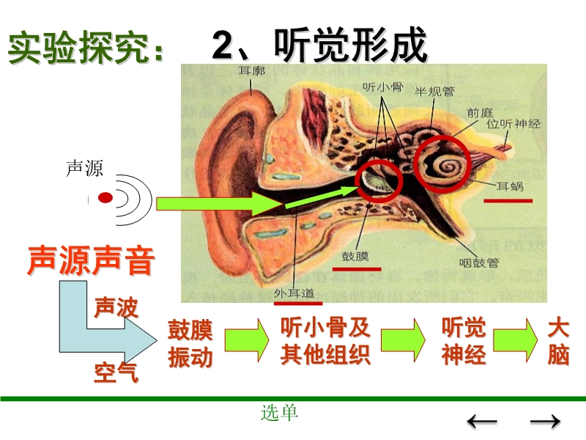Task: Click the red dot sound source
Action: click(x=105, y=197)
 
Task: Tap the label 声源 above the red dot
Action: click(x=84, y=169)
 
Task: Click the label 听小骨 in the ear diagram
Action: click(x=382, y=86)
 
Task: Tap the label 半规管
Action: click(x=434, y=92)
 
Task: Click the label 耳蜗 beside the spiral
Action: click(x=510, y=186)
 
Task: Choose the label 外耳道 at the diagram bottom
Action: click(x=297, y=292)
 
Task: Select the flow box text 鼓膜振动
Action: click(x=190, y=343)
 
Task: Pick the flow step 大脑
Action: click(x=558, y=341)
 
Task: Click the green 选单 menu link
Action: click(x=280, y=413)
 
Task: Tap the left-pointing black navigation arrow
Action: click(x=482, y=421)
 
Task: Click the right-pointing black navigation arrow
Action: click(x=544, y=421)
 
